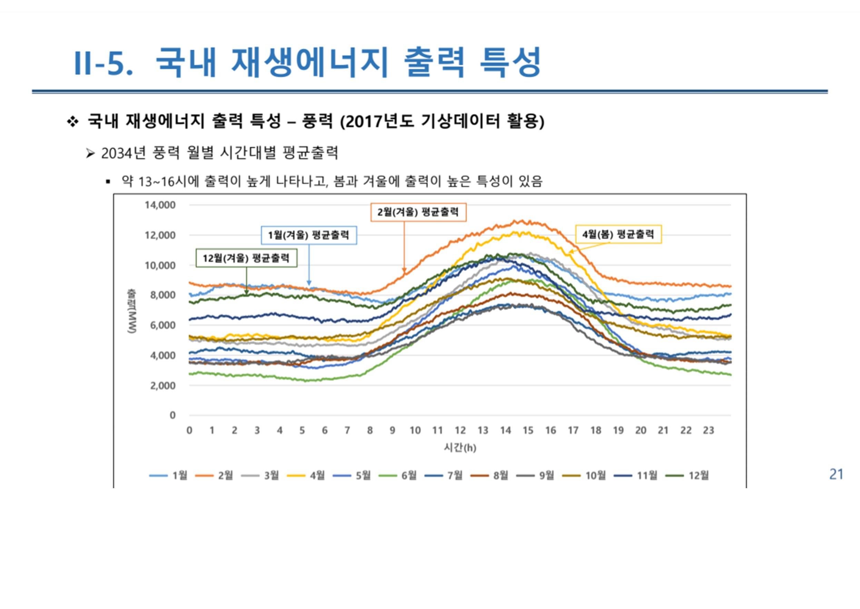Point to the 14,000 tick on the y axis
click(160, 205)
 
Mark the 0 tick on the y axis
click(172, 415)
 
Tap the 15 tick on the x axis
click(528, 431)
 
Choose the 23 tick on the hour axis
click(708, 431)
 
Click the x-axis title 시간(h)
click(460, 447)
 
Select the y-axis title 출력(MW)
click(132, 310)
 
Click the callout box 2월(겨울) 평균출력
click(418, 212)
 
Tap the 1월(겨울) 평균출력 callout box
click(308, 235)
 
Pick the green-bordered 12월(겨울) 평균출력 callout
click(246, 258)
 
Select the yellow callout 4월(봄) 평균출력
click(618, 234)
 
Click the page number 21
click(837, 474)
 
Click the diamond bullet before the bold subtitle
click(72, 122)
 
